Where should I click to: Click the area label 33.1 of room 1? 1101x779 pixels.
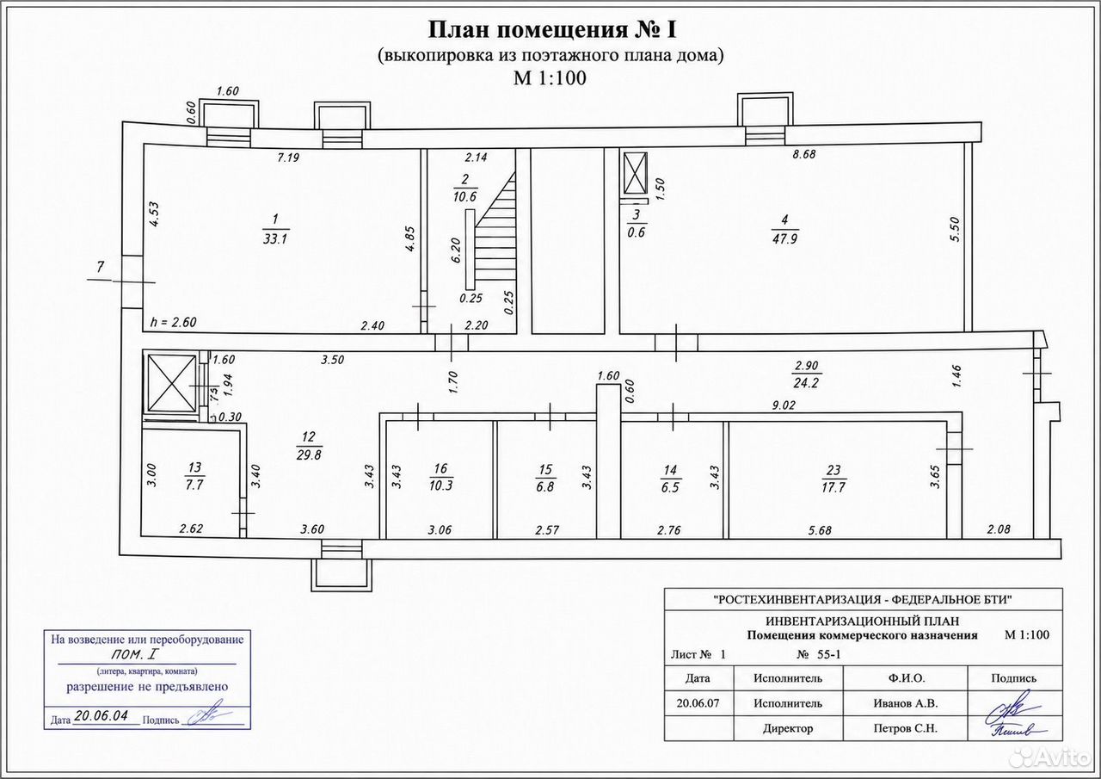(x=275, y=239)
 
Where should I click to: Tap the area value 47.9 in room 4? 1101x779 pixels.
(x=784, y=239)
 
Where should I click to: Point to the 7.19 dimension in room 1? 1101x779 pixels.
(x=288, y=158)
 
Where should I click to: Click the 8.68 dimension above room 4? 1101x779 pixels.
(x=803, y=154)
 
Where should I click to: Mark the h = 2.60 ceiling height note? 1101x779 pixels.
(x=174, y=322)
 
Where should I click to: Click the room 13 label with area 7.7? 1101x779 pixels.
(x=194, y=476)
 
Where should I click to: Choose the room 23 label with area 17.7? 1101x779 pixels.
(x=833, y=479)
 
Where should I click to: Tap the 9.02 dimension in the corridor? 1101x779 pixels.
(x=784, y=405)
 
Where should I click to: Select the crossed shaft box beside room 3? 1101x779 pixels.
(x=635, y=173)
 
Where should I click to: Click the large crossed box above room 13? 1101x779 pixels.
(x=171, y=384)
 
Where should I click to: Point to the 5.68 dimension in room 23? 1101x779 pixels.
(x=820, y=530)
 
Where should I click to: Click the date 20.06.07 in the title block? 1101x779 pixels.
(x=698, y=703)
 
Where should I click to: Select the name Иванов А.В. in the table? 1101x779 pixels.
(x=906, y=704)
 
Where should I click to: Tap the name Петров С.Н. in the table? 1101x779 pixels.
(x=906, y=728)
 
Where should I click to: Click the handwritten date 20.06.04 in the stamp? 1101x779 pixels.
(x=107, y=715)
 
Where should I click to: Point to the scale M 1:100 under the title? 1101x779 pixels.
(x=550, y=78)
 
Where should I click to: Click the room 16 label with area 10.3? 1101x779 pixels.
(x=440, y=477)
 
